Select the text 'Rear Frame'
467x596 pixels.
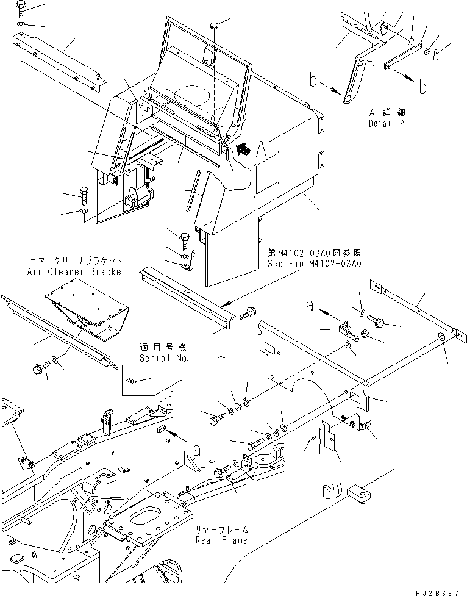pos(222,540)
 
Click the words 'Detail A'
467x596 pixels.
pos(388,124)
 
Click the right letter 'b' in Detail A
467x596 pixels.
pos(422,87)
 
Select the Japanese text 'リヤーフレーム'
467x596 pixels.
pos(222,531)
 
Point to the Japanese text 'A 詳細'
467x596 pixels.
pos(388,113)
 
